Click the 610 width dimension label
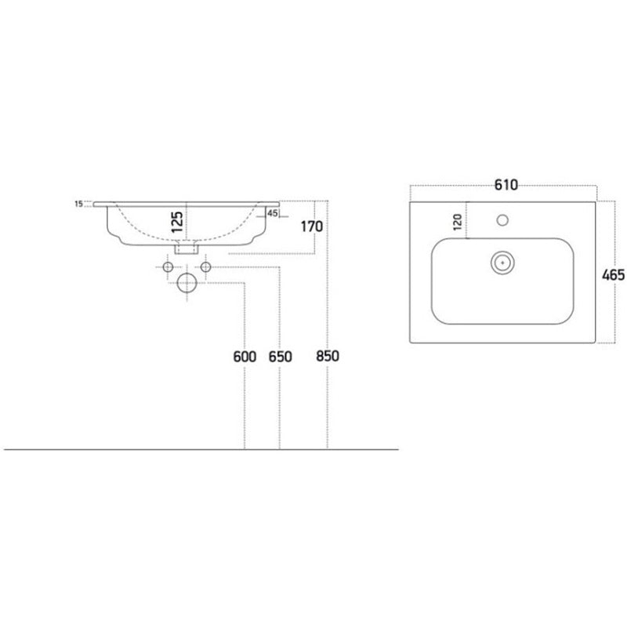point(506,185)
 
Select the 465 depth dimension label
point(613,275)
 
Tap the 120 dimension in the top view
point(458,222)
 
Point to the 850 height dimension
point(328,356)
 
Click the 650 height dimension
point(281,357)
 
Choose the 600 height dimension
point(245,357)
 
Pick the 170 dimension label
point(312,227)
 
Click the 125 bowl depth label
point(177,222)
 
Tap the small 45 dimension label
point(272,213)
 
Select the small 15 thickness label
point(78,204)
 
